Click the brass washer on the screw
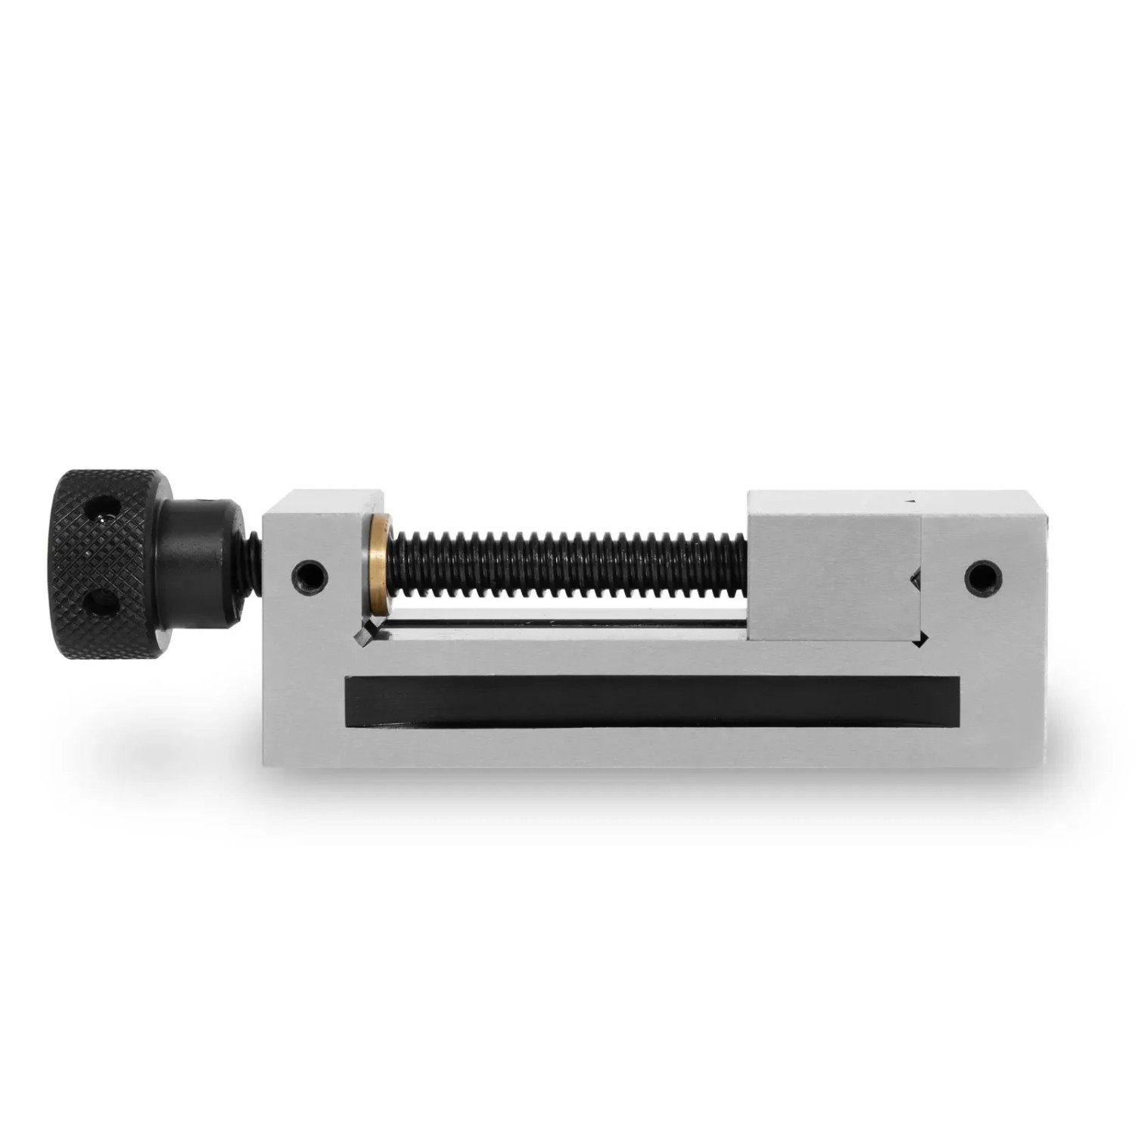pyautogui.click(x=379, y=564)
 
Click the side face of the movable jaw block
pyautogui.click(x=832, y=575)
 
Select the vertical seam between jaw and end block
pyautogui.click(x=921, y=545)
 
